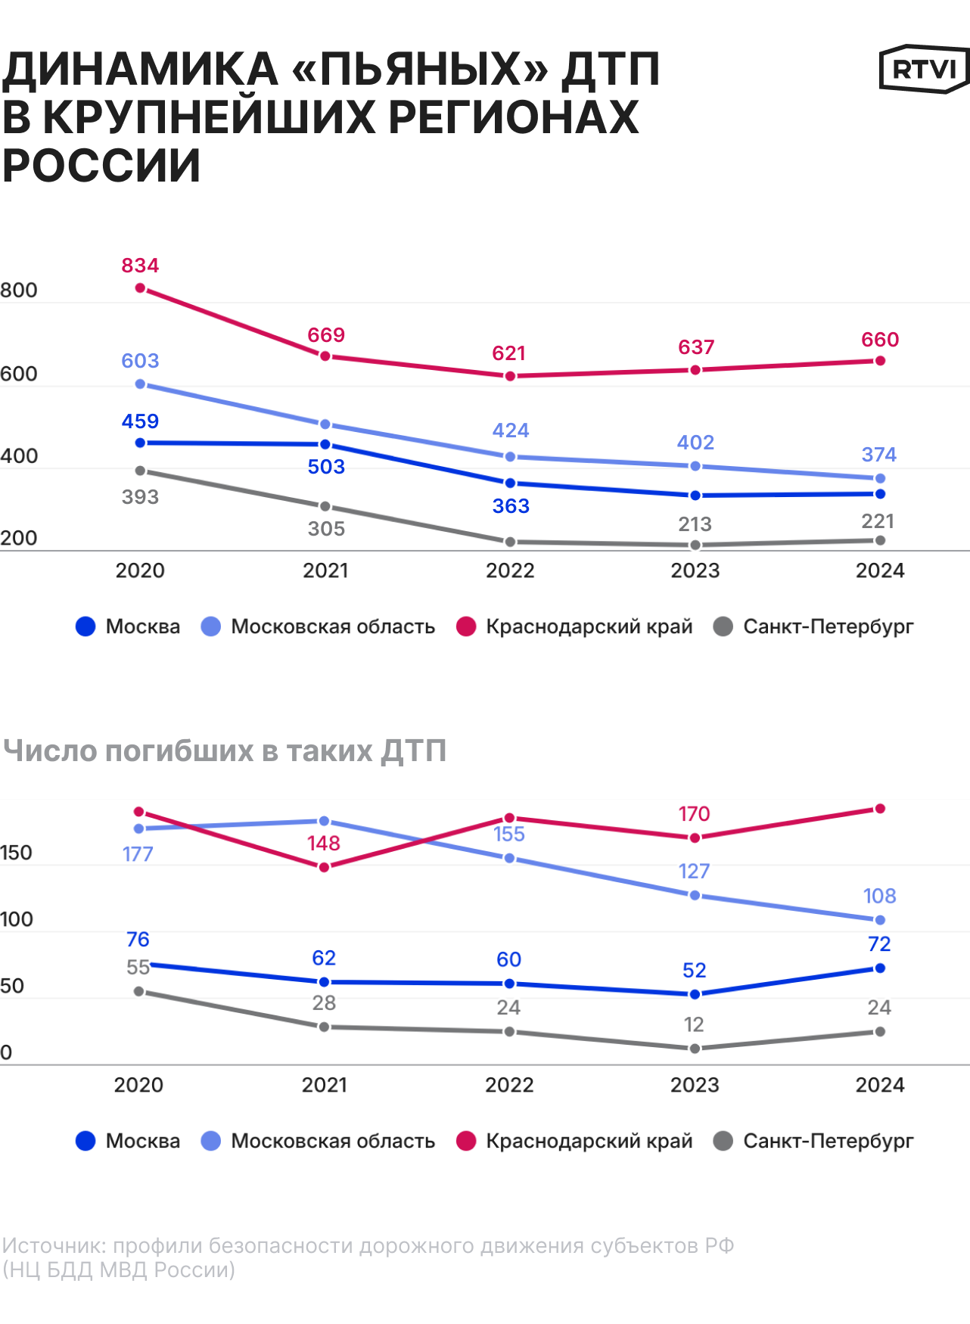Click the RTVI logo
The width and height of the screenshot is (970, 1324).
coord(924,70)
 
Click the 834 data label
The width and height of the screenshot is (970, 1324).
coord(140,266)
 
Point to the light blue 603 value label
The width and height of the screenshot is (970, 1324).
coord(140,361)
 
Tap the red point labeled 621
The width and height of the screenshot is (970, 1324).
coord(511,376)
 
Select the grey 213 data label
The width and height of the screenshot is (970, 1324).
coord(695,524)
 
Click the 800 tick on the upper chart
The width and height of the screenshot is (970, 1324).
coord(19,291)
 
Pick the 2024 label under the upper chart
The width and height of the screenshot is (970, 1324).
coord(880,570)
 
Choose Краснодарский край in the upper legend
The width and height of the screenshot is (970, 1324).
coord(589,626)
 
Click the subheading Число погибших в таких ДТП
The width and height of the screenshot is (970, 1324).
coord(225,751)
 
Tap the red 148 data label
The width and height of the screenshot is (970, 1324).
coord(324,844)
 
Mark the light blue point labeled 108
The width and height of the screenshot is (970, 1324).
coord(880,920)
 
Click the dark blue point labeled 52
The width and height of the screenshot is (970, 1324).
coord(695,994)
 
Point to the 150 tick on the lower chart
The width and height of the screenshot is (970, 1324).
coord(16,853)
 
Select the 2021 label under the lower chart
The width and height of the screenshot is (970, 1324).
coord(325,1085)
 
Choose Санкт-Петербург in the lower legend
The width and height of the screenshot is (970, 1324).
coord(828,1141)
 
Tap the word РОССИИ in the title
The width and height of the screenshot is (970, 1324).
coord(101,166)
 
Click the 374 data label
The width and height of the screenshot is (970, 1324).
coord(878,455)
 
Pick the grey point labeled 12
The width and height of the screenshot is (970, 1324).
coord(695,1048)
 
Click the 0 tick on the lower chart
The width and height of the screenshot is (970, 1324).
coord(6,1052)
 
